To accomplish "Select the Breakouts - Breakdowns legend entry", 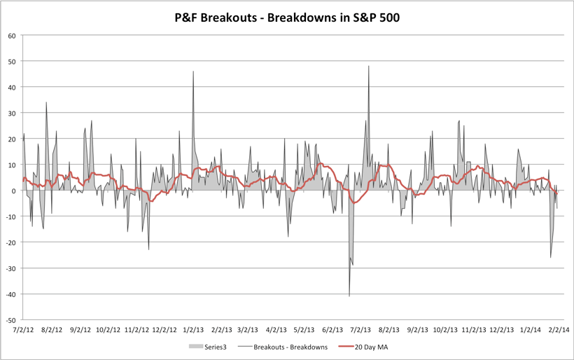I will (x=288, y=346).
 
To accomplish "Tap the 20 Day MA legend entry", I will (x=374, y=346).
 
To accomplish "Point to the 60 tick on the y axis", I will (x=12, y=36).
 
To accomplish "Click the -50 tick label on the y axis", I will (x=10, y=319).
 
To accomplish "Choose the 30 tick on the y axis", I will (x=12, y=113).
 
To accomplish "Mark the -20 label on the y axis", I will (x=10, y=242).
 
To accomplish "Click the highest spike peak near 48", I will (x=369, y=67).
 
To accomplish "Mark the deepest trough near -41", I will (x=349, y=296).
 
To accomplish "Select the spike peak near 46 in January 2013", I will (x=193, y=71).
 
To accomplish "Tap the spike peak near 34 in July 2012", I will (x=46, y=102).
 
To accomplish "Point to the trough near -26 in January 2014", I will (x=550, y=257).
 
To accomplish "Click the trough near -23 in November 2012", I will (x=148, y=249).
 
